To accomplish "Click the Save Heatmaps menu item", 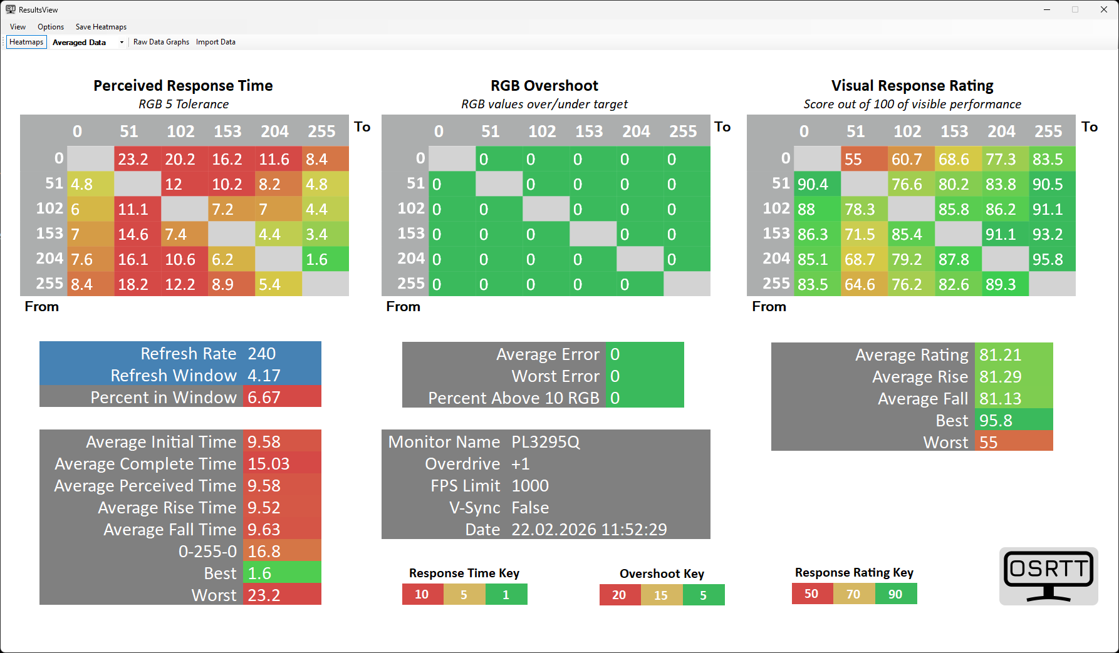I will coord(101,27).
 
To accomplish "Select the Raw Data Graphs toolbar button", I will coord(161,42).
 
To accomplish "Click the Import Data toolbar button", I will coord(216,42).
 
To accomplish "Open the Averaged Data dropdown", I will coord(122,43).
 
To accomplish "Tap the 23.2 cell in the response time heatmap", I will coord(137,159).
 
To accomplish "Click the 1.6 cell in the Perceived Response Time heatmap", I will coord(325,259).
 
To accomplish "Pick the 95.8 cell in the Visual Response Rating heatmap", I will coord(1052,259).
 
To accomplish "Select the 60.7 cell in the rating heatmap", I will coord(911,159).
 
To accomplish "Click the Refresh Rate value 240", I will coord(262,354).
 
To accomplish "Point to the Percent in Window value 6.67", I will coord(264,398).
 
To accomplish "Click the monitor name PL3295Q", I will coord(546,442).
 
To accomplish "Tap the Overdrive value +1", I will coord(521,464).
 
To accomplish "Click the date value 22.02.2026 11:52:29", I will coord(589,530).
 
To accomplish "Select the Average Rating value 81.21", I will coord(1001,355).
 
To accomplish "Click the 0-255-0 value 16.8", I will coord(264,552).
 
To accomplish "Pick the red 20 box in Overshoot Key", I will coord(620,595).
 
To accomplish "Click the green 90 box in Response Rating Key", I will coord(896,594).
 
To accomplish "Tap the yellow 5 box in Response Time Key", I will coord(464,595).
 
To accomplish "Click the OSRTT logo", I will coord(1048,576).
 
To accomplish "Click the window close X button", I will coord(1104,9).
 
